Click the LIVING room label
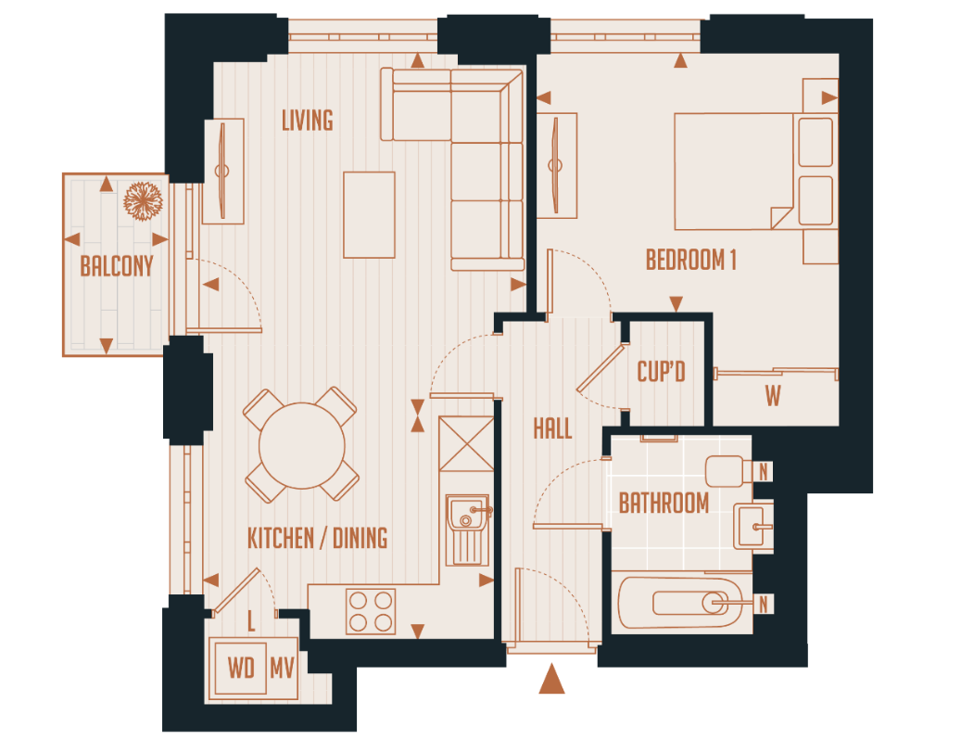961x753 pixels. pos(307,120)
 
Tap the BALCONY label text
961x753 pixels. pos(116,266)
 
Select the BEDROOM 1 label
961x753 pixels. pos(690,260)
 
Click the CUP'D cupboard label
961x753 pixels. pos(661,372)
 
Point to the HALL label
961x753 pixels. pos(552,428)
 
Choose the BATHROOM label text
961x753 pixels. pos(664,504)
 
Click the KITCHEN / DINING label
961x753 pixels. pos(317,538)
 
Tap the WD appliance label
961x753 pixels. pos(241,668)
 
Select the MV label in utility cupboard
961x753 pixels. pos(282,668)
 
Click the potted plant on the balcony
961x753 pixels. pos(145,200)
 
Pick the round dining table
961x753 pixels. pos(301,444)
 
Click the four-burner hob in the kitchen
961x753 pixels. pos(370,611)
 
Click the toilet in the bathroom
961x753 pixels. pos(728,472)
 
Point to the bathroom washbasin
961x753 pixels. pos(752,527)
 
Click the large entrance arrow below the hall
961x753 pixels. pos(551,679)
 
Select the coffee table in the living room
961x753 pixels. pos(369,214)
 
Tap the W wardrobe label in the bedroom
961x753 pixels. pos(773,397)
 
